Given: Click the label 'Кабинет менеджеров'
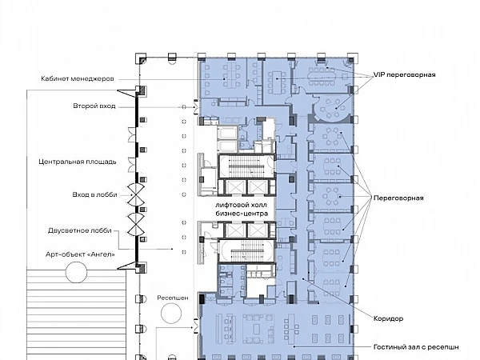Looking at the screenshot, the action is tap(78, 78).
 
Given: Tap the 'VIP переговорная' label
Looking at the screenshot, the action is tap(404, 74).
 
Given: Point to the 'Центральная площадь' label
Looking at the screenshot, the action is tap(78, 162).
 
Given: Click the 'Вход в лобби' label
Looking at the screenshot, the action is tap(95, 194).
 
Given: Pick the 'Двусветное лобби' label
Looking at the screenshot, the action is tap(79, 230).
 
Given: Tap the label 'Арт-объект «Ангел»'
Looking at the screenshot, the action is tap(81, 254).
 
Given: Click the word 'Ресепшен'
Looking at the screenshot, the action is tap(173, 298).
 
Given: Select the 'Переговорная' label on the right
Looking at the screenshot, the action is tap(398, 198).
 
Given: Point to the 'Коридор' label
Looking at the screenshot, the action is tap(388, 318).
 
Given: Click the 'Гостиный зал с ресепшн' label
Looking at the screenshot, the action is tap(416, 347).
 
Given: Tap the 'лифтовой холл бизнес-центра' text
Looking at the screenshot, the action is tap(242, 209).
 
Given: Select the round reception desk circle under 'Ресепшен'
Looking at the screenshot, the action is tap(171, 314).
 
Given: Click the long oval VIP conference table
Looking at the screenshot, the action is tap(321, 77).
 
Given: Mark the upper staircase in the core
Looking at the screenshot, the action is tap(246, 166).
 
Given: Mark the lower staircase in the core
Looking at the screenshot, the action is tap(246, 251).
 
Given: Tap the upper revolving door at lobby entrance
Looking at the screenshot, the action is tap(136, 194).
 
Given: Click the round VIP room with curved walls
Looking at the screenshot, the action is tap(331, 107).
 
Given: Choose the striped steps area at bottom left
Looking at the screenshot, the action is tap(76, 314).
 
